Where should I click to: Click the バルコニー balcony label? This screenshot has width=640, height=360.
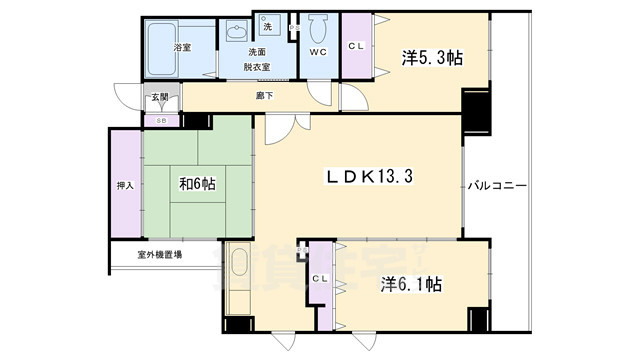tap(497, 186)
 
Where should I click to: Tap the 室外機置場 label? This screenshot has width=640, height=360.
tap(159, 255)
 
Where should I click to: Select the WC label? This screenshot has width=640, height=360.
tap(319, 52)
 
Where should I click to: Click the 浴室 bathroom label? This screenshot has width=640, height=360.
tap(183, 46)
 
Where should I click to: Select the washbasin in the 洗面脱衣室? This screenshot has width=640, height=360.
tap(237, 32)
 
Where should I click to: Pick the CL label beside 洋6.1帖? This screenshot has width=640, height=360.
tap(320, 278)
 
